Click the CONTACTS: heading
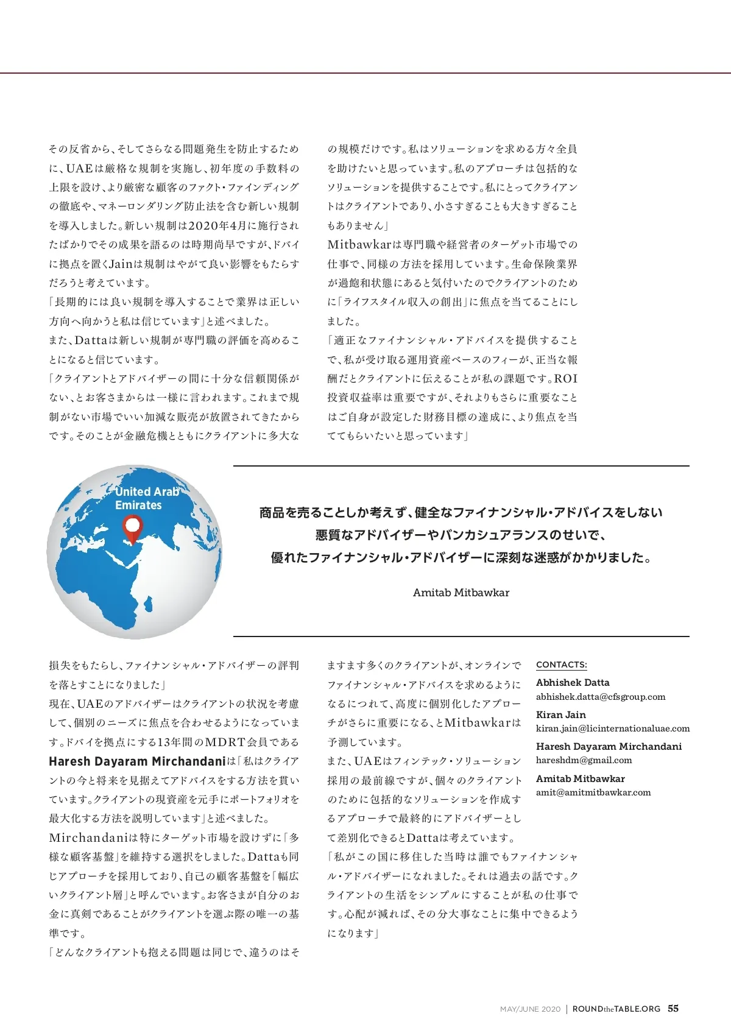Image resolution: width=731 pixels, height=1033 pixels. click(x=561, y=665)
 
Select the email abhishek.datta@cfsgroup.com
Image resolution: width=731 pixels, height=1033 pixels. click(x=600, y=697)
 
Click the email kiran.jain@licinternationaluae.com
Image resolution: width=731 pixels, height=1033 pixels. click(x=612, y=728)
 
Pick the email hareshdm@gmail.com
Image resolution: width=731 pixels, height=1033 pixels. click(x=584, y=760)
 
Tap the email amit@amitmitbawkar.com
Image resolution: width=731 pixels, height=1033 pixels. click(x=593, y=792)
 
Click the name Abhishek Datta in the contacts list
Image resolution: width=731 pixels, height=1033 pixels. click(x=572, y=683)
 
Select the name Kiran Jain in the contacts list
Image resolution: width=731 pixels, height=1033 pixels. click(x=560, y=714)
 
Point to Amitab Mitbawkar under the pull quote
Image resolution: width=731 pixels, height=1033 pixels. click(x=461, y=593)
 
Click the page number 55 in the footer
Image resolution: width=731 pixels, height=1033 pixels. click(x=673, y=1009)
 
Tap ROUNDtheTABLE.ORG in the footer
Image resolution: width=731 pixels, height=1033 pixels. click(x=616, y=1009)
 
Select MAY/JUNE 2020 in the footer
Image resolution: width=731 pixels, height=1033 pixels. click(x=530, y=1009)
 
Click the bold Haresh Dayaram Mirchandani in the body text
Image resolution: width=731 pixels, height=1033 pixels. click(x=137, y=761)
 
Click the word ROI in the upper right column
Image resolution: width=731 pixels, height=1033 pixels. click(x=565, y=379)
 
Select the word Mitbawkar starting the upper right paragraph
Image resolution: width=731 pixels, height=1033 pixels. click(x=359, y=245)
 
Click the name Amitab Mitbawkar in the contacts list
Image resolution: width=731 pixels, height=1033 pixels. click(x=580, y=778)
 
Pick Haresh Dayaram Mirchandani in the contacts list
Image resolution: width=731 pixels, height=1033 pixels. click(x=609, y=746)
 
